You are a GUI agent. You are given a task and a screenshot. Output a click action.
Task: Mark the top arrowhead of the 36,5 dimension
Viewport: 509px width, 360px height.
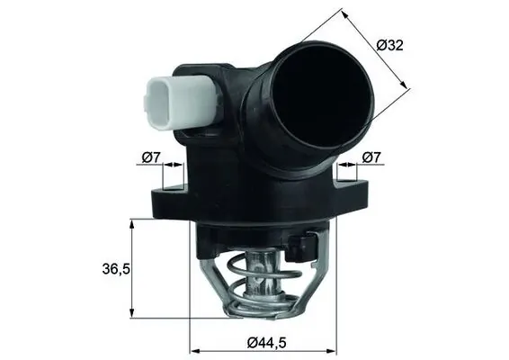[133, 223]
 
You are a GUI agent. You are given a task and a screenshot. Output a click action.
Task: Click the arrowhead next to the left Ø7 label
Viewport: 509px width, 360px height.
[172, 168]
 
